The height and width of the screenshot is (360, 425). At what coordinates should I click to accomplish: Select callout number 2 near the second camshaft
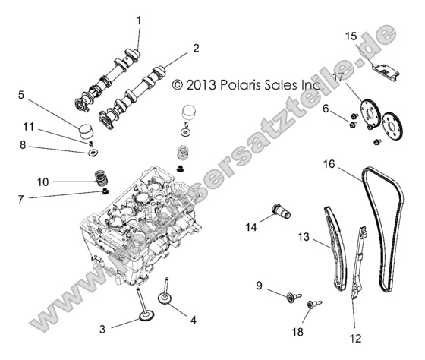click(x=196, y=48)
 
